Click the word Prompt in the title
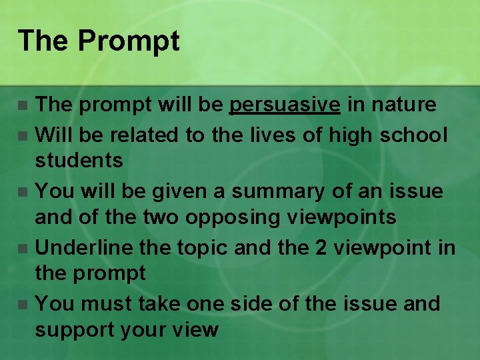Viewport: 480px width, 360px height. [x=129, y=41]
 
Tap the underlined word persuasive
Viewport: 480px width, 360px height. [x=285, y=105]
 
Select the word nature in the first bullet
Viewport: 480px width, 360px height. [x=403, y=105]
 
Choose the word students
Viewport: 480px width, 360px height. [x=79, y=160]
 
